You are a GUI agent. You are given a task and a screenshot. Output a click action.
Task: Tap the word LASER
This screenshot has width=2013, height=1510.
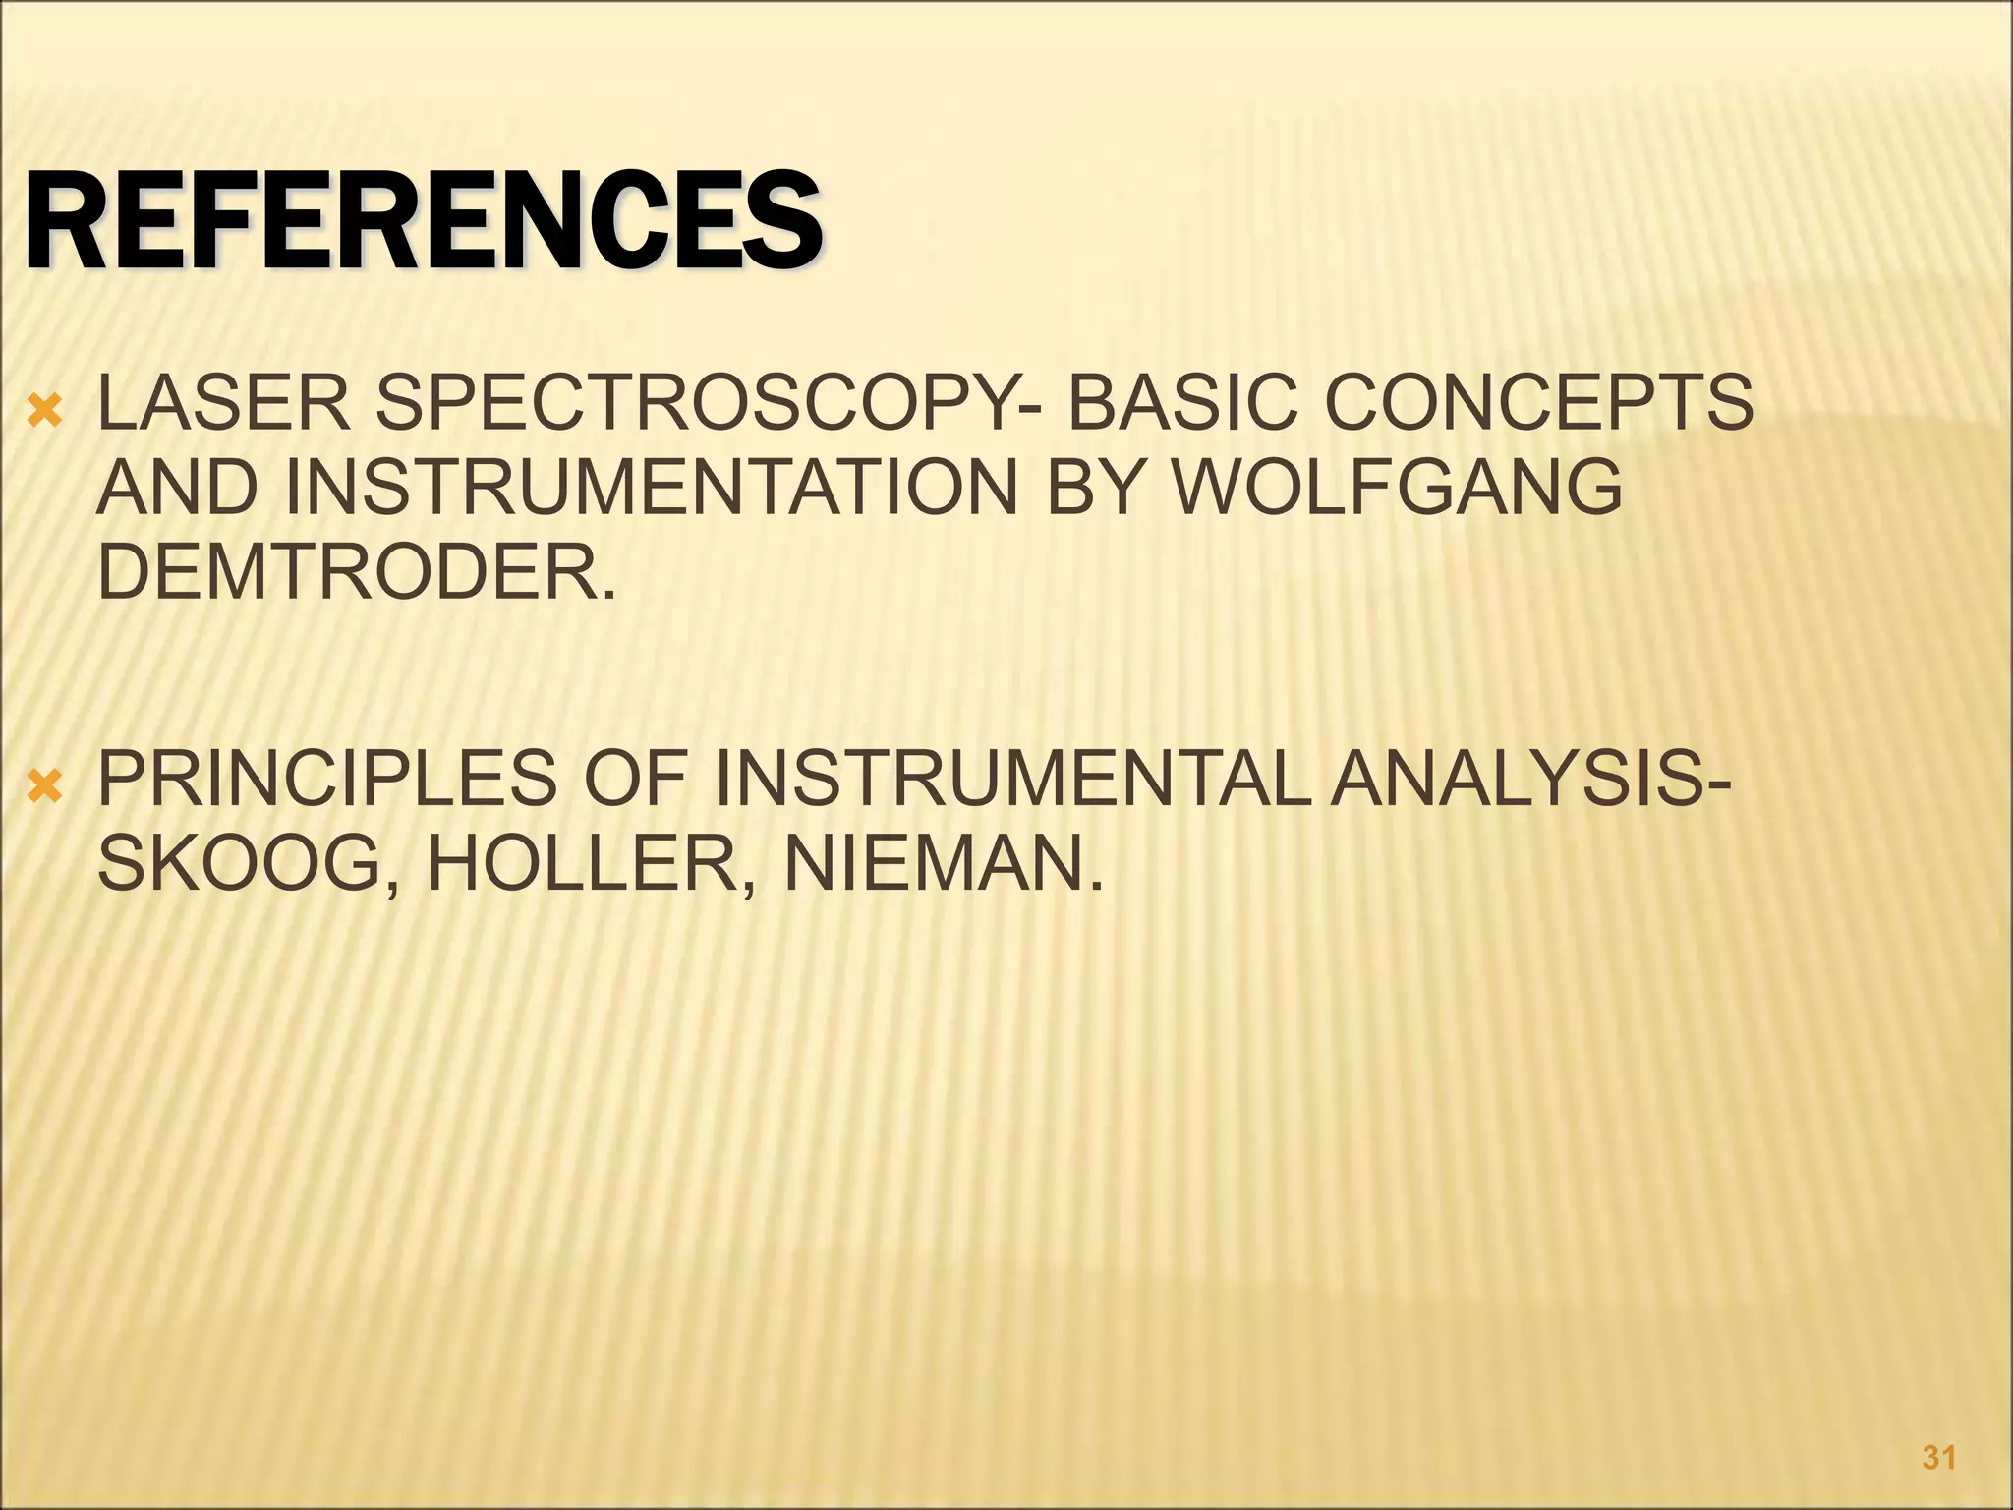click(x=224, y=404)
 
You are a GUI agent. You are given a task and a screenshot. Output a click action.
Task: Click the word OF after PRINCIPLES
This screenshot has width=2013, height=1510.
click(x=634, y=780)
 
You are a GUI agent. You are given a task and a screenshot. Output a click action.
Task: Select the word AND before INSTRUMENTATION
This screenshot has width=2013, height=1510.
click(x=177, y=489)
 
